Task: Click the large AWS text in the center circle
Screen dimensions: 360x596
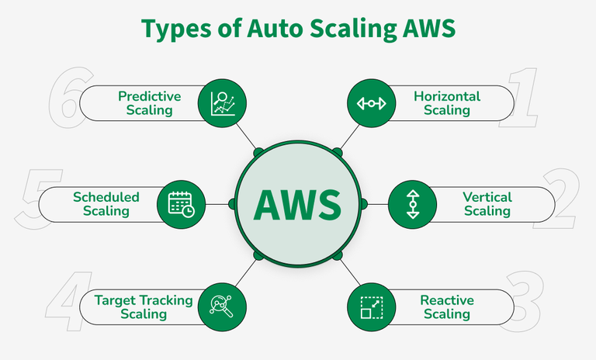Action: point(298,205)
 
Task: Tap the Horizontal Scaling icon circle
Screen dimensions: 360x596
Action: point(371,103)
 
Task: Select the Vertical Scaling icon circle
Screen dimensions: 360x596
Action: point(412,204)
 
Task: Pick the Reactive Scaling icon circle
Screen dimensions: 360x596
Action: point(371,307)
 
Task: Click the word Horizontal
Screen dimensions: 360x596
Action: point(447,96)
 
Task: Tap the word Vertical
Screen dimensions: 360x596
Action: point(487,197)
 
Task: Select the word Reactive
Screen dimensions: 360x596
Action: point(447,300)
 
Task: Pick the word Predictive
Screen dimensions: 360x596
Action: point(150,96)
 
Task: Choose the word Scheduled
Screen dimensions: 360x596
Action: point(106,197)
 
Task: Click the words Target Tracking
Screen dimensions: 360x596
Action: point(144,300)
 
